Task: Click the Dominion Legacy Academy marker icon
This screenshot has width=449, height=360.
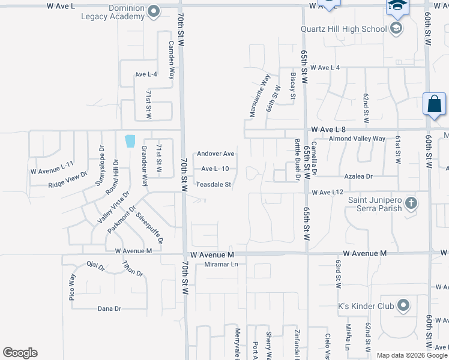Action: coord(154,11)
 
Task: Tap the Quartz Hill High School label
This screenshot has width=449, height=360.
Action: coord(344,28)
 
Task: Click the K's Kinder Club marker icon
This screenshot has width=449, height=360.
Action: coord(403,306)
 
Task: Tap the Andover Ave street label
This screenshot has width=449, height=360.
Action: coord(215,154)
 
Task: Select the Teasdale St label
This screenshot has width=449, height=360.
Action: coord(214,185)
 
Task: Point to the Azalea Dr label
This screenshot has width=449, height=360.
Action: coord(358,176)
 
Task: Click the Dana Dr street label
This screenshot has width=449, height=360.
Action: coord(109,308)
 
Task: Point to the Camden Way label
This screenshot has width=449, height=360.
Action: coord(171,61)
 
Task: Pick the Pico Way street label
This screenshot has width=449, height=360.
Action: coord(72,287)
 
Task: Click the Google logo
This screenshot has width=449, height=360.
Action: coord(20,353)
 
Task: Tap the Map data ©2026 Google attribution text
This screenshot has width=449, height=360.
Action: coord(412,355)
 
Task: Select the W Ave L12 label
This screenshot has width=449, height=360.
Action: coord(327,192)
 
